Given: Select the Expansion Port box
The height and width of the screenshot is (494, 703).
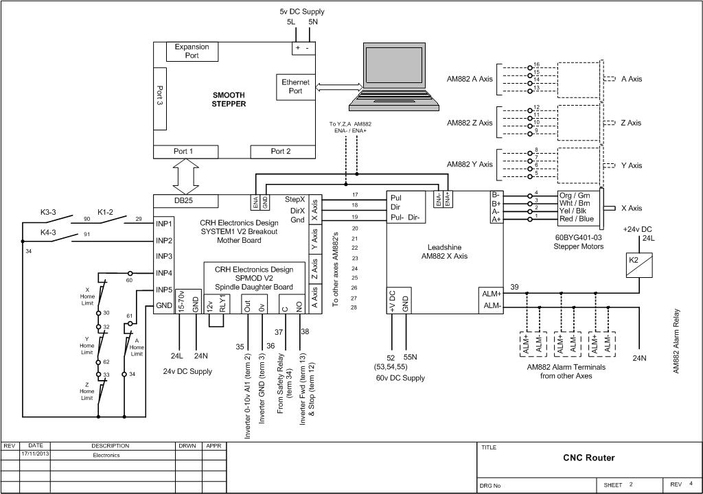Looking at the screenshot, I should [x=192, y=51].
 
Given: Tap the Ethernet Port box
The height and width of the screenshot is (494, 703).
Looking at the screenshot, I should [x=295, y=86].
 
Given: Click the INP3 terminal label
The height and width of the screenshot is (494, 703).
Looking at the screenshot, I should [x=163, y=256].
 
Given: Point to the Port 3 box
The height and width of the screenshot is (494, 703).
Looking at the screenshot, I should [x=159, y=98].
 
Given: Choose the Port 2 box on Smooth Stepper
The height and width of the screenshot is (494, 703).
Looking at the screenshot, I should [x=281, y=152].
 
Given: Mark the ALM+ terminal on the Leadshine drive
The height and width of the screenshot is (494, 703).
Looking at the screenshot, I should [x=492, y=293].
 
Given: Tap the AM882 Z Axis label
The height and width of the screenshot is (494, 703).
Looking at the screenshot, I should [x=470, y=123].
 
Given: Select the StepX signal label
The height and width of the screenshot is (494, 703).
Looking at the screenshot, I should [x=295, y=199].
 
